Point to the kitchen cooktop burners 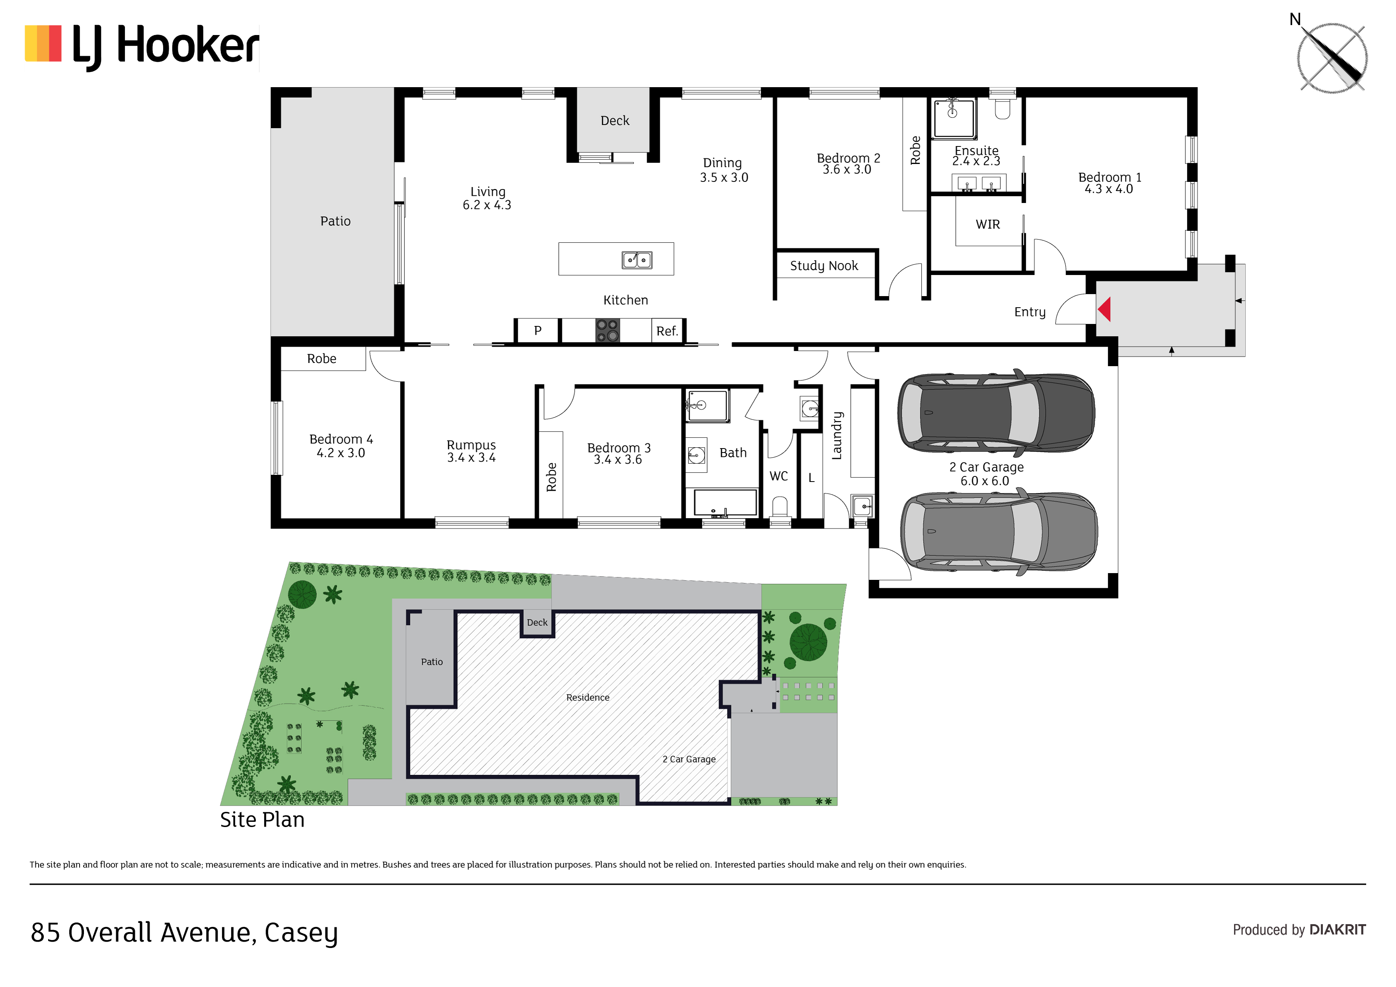click(607, 330)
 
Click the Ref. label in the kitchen click(667, 332)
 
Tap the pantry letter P click(538, 331)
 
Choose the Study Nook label click(824, 266)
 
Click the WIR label click(987, 224)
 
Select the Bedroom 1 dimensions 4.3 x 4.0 click(1108, 189)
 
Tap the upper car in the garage click(996, 413)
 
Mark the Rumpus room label click(471, 445)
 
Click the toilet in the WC click(780, 507)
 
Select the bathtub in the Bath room click(725, 503)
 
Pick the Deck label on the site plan click(537, 623)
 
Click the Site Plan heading click(262, 820)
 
